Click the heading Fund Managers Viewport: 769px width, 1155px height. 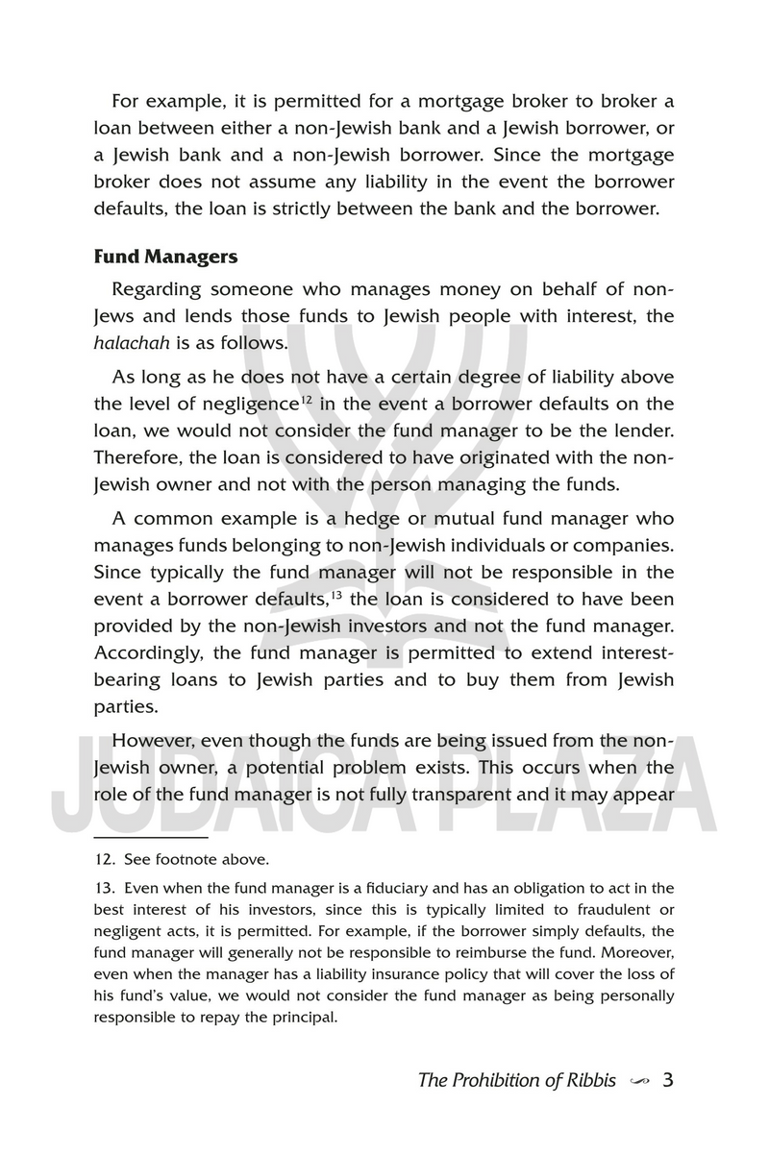pyautogui.click(x=164, y=258)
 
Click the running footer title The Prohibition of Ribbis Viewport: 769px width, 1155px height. pyautogui.click(x=517, y=1080)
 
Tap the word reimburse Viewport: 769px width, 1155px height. pyautogui.click(x=518, y=953)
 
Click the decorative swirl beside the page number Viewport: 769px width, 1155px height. pyautogui.click(x=637, y=1080)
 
